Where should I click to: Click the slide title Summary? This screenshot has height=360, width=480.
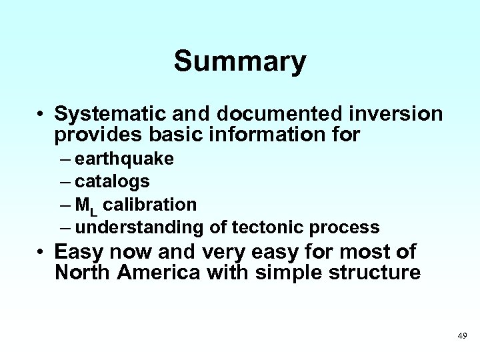(240, 61)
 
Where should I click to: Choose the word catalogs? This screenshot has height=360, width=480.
(112, 181)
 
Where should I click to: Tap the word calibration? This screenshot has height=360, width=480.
(150, 203)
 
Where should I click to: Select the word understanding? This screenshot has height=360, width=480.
(139, 227)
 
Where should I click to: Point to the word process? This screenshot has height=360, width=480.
(345, 227)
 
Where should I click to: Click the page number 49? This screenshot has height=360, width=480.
(463, 336)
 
